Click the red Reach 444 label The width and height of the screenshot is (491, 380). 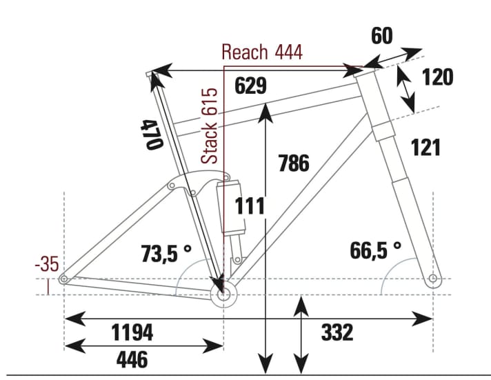coord(262,52)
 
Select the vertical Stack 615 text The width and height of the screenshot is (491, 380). coord(212,126)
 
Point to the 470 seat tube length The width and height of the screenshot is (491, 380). coord(152,134)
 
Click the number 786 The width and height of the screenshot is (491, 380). coord(293,163)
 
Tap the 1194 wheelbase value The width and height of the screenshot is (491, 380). coord(132,332)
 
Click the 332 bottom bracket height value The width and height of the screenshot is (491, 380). coord(337,332)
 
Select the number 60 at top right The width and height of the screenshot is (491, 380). coord(383,36)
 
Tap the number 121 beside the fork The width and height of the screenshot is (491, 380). coord(425,147)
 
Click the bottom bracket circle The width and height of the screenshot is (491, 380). coord(223,295)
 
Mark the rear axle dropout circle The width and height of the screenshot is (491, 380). coord(63,279)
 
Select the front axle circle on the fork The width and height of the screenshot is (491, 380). coord(432,279)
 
